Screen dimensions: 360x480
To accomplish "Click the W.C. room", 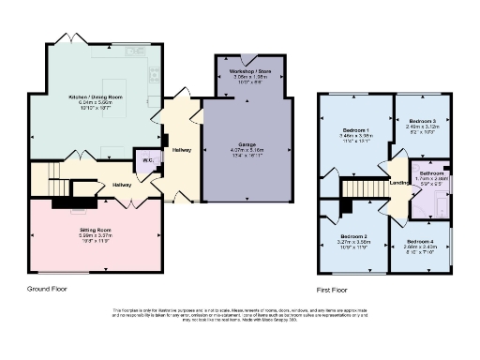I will (x=147, y=160).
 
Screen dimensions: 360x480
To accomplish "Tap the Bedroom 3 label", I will (x=422, y=121).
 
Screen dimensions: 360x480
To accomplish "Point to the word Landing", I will (x=398, y=183).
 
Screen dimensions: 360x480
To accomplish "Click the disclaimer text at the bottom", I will (x=239, y=316).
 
